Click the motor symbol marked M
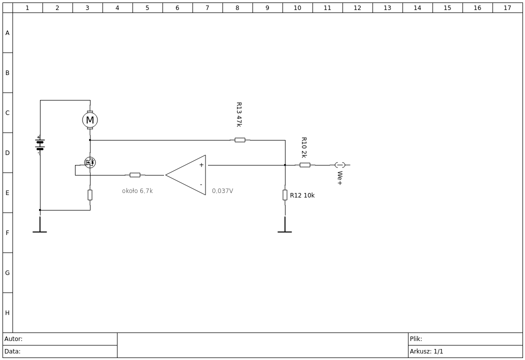point(90,120)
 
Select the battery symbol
point(40,145)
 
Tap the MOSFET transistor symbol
point(89,162)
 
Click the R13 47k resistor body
point(239,140)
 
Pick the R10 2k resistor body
point(304,165)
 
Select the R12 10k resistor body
point(285,195)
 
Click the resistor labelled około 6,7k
point(135,175)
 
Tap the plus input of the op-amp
point(201,165)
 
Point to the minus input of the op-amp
point(201,184)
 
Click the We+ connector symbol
point(340,165)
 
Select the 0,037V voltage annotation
point(222,191)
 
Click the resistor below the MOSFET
point(90,195)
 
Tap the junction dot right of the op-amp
point(285,165)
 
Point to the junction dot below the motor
point(90,140)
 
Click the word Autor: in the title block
point(13,339)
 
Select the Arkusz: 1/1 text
point(426,351)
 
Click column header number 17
point(507,7)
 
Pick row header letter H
point(7,313)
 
